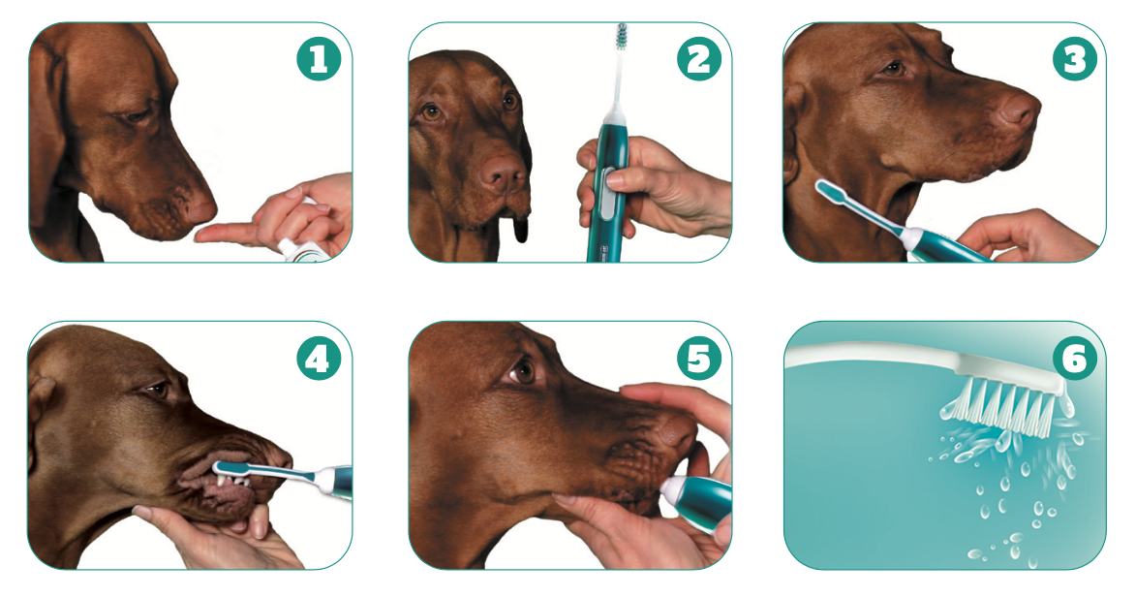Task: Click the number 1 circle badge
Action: [x=319, y=60]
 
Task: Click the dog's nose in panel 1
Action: [x=199, y=208]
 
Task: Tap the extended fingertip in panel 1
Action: [x=202, y=233]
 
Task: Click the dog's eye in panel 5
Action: [x=524, y=370]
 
